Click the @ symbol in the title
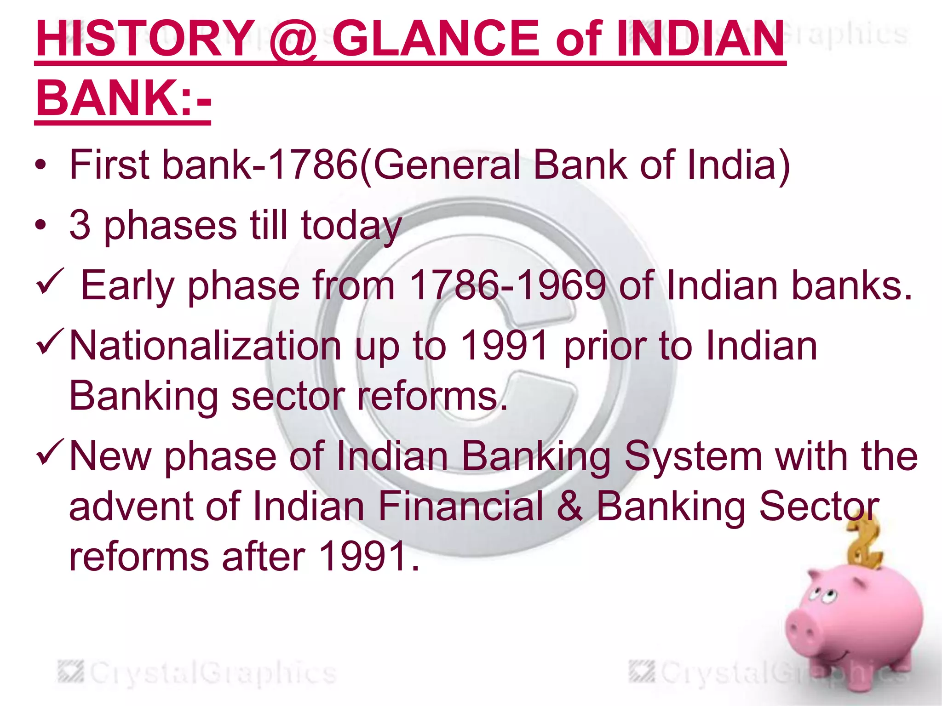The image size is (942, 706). [293, 40]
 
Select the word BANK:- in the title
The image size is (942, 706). [123, 98]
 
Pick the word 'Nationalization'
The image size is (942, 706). [205, 346]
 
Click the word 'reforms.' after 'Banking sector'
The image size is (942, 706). [432, 396]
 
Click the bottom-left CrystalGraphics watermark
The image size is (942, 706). [198, 673]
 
